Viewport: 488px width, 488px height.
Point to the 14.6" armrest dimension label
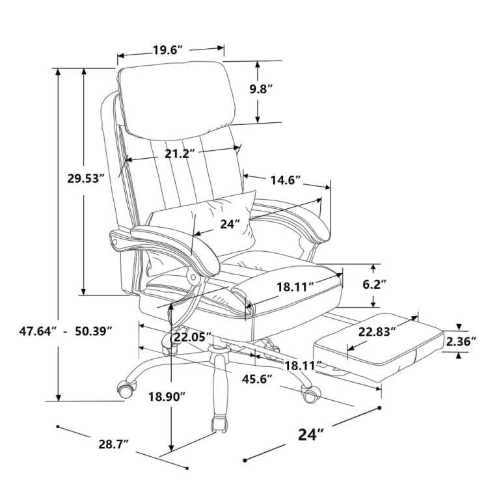[282, 181]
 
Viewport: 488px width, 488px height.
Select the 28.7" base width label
[113, 444]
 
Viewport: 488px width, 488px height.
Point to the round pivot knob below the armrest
[193, 277]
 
